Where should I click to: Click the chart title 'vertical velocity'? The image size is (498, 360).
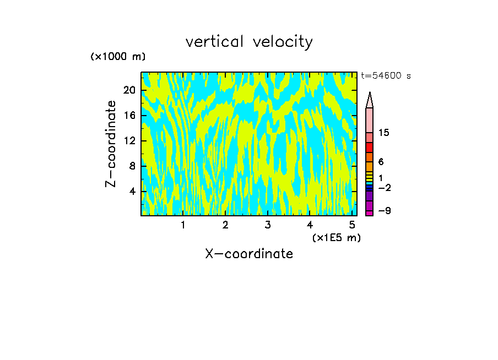pyautogui.click(x=249, y=42)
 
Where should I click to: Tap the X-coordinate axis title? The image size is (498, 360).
pyautogui.click(x=249, y=254)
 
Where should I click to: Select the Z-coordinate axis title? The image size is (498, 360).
pyautogui.click(x=112, y=144)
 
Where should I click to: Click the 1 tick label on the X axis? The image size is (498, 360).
pyautogui.click(x=183, y=225)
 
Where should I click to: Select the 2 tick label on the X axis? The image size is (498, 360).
pyautogui.click(x=225, y=225)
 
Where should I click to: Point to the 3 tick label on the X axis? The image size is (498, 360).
pyautogui.click(x=267, y=225)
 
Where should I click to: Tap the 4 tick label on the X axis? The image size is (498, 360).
pyautogui.click(x=310, y=225)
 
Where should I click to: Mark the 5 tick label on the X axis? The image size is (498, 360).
pyautogui.click(x=351, y=225)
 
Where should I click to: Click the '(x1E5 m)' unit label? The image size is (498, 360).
pyautogui.click(x=337, y=238)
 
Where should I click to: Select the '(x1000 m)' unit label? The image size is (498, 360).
pyautogui.click(x=118, y=57)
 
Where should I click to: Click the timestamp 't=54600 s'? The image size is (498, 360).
pyautogui.click(x=386, y=76)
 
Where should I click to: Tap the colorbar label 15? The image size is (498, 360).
pyautogui.click(x=384, y=133)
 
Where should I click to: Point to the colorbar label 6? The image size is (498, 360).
pyautogui.click(x=381, y=162)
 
